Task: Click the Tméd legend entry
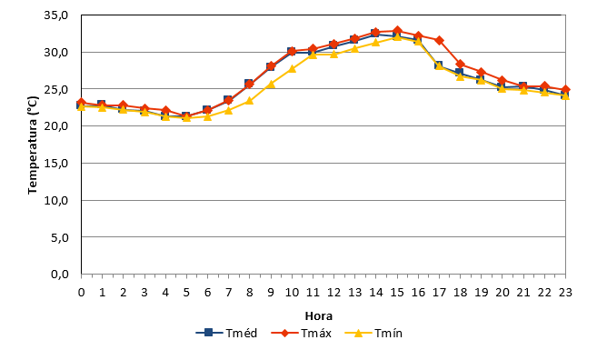(226, 333)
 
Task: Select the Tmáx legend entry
(301, 333)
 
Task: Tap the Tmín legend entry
(373, 333)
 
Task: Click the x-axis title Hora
(319, 316)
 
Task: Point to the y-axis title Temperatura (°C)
(33, 145)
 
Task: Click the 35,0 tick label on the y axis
(56, 15)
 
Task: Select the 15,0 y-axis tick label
(56, 164)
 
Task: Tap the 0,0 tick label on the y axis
(60, 275)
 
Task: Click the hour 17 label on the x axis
(440, 292)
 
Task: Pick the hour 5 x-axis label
(186, 292)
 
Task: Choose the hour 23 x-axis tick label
(565, 292)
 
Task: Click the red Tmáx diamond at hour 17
(440, 40)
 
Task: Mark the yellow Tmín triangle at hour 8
(249, 101)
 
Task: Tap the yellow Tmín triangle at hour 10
(292, 69)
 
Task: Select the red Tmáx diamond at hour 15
(397, 31)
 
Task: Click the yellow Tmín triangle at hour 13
(354, 48)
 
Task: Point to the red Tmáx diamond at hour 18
(461, 64)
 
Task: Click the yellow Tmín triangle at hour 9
(271, 84)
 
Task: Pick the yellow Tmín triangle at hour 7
(228, 110)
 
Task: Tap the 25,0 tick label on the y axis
(56, 89)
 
